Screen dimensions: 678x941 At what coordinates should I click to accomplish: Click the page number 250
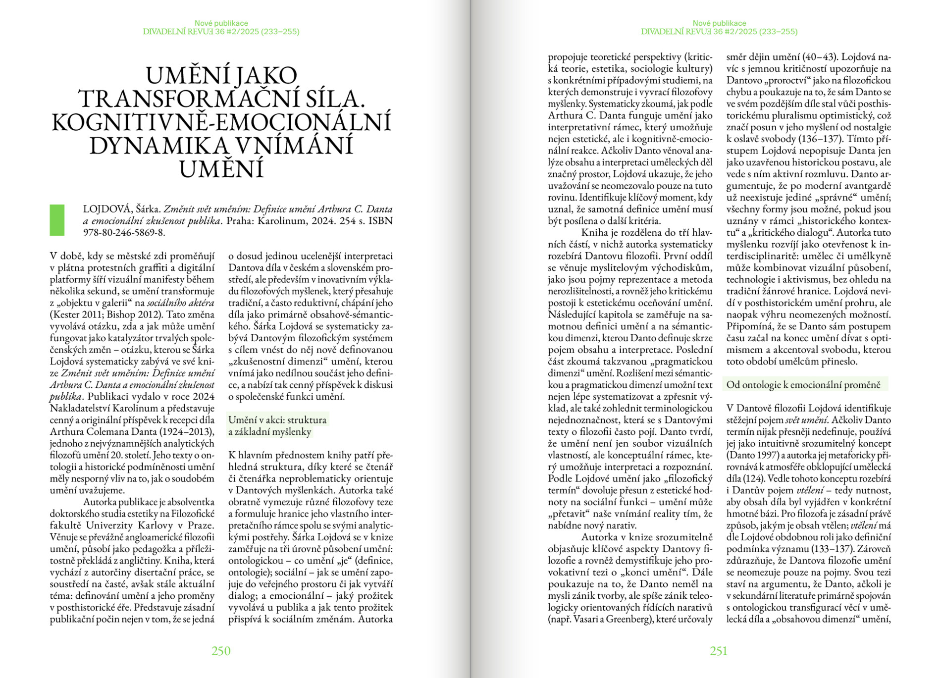[221, 651]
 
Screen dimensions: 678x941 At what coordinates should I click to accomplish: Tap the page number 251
[719, 651]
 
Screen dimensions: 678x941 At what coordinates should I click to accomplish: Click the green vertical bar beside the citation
[57, 220]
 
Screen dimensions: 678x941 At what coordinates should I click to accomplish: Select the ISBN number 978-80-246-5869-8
[124, 232]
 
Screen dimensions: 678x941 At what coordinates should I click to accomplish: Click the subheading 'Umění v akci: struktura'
[277, 420]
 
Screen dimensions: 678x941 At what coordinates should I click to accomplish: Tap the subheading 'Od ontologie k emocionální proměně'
[803, 385]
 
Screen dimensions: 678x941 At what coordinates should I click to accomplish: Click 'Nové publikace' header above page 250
[221, 23]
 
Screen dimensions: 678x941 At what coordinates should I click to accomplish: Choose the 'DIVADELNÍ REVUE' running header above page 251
[675, 32]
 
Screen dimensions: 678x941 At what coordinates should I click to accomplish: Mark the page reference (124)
[758, 478]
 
